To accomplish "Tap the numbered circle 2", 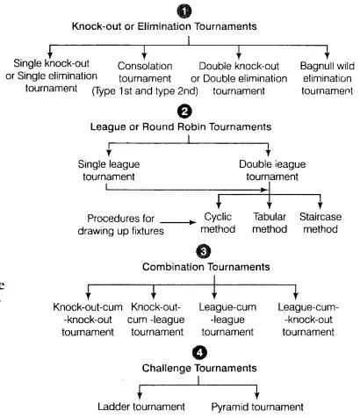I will coord(185,112).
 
